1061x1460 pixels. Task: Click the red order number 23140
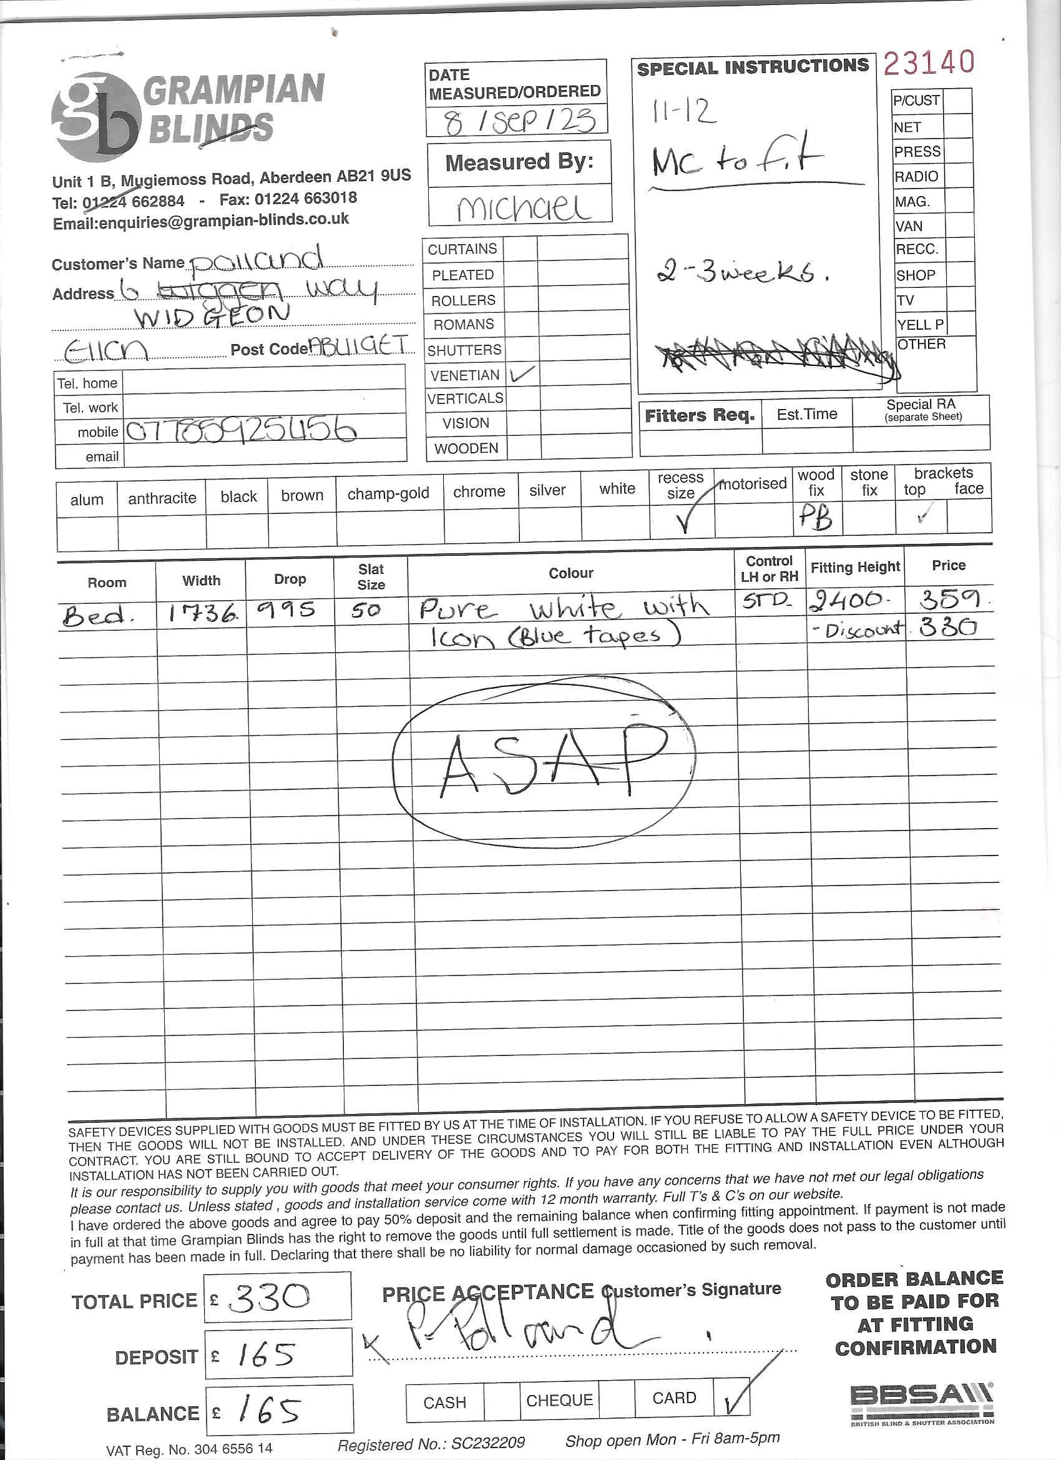pyautogui.click(x=929, y=62)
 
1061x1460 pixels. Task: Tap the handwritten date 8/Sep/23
pyautogui.click(x=519, y=121)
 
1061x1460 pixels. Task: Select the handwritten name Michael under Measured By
pyautogui.click(x=522, y=207)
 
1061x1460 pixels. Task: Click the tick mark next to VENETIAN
pyautogui.click(x=521, y=373)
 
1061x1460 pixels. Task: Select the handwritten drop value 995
pyautogui.click(x=286, y=609)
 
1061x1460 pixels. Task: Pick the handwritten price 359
pyautogui.click(x=949, y=599)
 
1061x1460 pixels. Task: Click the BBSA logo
pyautogui.click(x=921, y=1402)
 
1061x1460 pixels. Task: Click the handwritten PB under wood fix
pyautogui.click(x=816, y=517)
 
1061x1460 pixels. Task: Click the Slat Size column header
pyautogui.click(x=371, y=576)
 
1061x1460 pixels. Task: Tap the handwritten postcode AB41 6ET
pyautogui.click(x=358, y=347)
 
